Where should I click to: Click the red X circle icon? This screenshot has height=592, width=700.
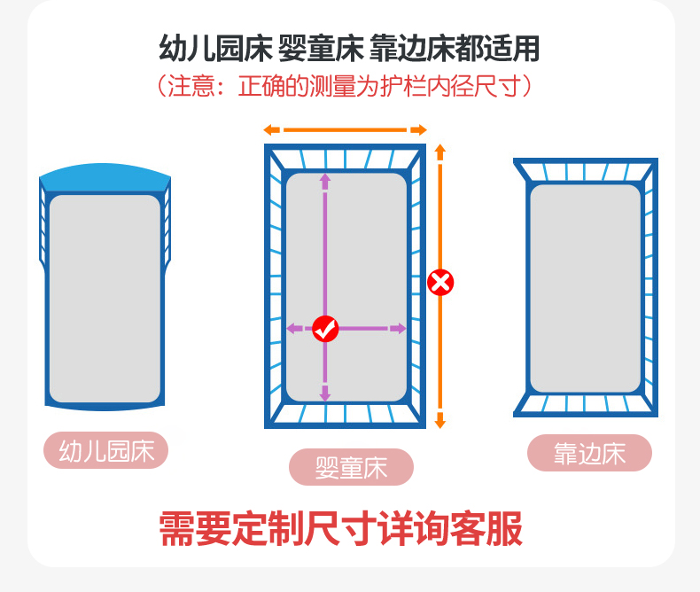pos(440,283)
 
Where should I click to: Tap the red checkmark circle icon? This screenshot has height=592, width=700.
pos(325,329)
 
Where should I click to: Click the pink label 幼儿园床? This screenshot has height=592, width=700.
pos(105,450)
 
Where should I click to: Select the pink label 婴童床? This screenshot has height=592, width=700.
pos(352,467)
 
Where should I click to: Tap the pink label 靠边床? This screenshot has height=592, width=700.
pos(590,453)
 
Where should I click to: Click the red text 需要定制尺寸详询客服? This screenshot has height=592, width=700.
pos(341,529)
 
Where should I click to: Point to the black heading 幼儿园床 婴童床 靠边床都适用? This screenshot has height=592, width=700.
pos(349,48)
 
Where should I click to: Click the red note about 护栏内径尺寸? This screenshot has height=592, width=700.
pos(345,86)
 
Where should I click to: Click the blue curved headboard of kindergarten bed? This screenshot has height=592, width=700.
pos(105,176)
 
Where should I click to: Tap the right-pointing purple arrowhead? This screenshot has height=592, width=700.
pos(399,329)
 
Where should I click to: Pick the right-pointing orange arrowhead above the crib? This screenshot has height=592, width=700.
pos(420,130)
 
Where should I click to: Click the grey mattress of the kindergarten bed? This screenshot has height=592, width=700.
pos(105,299)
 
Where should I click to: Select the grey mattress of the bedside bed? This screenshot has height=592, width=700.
pos(586,288)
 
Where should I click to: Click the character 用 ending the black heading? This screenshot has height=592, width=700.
pos(526,48)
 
